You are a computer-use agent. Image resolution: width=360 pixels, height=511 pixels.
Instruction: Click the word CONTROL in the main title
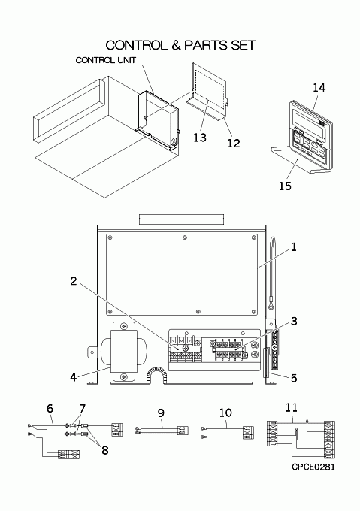pos(135,45)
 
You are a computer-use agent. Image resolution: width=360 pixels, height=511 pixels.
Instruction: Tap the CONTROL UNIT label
pos(105,60)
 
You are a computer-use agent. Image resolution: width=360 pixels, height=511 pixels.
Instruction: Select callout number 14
pos(319,87)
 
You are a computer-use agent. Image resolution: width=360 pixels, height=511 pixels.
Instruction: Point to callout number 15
pos(285,186)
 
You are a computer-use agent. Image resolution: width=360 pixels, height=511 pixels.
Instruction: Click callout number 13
pos(200,138)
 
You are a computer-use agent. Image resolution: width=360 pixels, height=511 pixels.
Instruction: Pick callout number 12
pos(234,143)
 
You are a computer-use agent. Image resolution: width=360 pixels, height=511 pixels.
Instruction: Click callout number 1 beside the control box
pos(294,247)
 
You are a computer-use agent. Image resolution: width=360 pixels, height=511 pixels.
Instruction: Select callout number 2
pos(74,281)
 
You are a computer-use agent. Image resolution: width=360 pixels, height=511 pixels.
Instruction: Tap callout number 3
pos(294,322)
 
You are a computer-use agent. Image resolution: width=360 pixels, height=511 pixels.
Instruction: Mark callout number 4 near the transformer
pos(74,377)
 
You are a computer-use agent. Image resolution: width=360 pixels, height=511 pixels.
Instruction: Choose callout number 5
pos(294,378)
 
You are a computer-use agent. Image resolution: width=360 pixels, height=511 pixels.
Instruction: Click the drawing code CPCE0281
pos(313,467)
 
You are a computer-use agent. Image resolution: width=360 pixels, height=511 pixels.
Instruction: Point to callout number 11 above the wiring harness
pos(292,408)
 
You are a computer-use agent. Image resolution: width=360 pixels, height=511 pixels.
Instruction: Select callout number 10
pos(225,413)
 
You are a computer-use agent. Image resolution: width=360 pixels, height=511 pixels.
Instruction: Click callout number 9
pos(161,413)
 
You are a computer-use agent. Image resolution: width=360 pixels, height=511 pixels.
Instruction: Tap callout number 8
pos(104,450)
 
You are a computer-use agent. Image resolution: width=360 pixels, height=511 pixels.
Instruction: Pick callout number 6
pos(50,408)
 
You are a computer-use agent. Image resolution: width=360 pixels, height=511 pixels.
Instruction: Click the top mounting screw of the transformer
pos(124,326)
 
